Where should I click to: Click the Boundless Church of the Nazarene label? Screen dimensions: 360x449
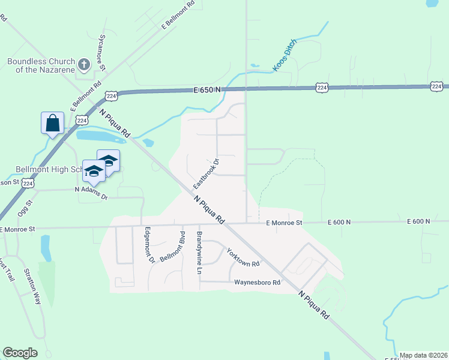(x=41, y=65)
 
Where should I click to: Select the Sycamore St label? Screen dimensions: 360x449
(x=102, y=58)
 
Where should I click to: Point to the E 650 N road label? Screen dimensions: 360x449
(x=207, y=89)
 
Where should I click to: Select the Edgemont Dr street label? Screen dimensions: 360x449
(x=148, y=244)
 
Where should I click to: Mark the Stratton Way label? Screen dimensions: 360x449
(x=32, y=289)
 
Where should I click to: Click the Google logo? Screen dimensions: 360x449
(x=20, y=353)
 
